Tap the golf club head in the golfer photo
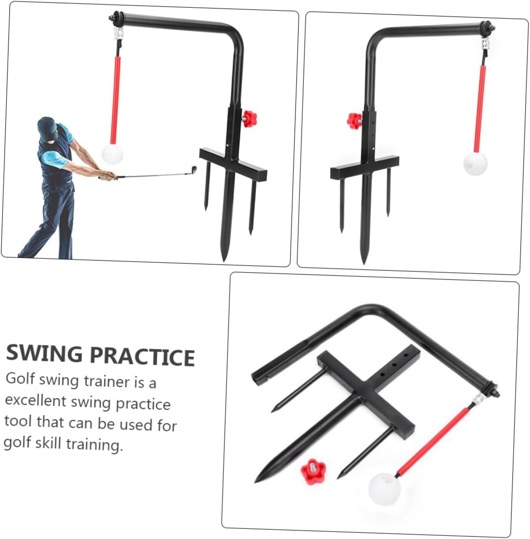point(193,170)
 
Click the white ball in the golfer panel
point(112,154)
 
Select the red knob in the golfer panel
point(249,118)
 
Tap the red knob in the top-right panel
point(354,120)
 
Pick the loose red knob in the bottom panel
point(313,471)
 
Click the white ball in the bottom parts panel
point(385,489)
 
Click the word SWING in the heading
point(45,353)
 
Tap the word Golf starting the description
point(20,379)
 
